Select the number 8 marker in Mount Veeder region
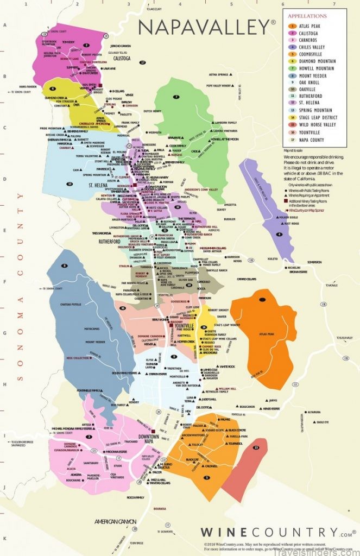pyautogui.click(x=65, y=266)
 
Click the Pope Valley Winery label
pyautogui.click(x=222, y=85)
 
